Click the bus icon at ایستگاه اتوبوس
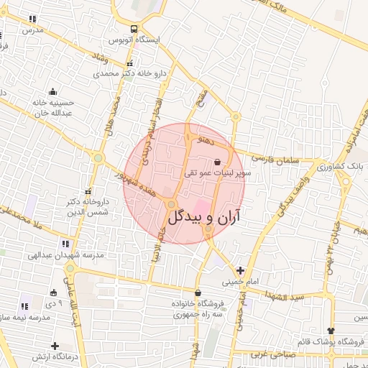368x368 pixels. tap(134, 29)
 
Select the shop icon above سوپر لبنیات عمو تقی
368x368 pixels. tap(217, 162)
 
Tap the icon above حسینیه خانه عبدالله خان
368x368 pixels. tap(52, 91)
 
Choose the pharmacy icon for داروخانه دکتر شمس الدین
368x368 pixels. tap(89, 192)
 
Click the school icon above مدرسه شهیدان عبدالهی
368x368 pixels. tap(62, 244)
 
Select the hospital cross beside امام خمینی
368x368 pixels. tap(240, 271)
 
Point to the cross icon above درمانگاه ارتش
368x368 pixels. tap(55, 346)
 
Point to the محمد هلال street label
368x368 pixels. tap(111, 118)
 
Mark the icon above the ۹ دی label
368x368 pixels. tap(53, 293)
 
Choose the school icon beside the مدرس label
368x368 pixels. tap(32, 19)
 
